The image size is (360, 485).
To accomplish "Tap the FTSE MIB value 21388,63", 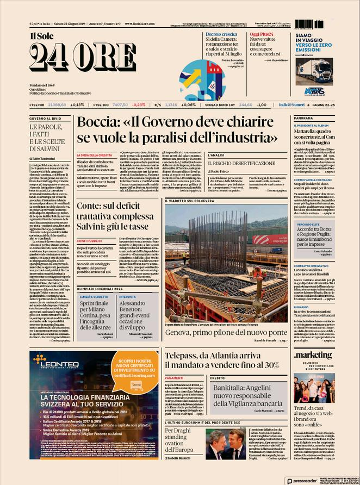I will coord(57,104).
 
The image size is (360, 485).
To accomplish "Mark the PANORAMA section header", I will coord(304,118).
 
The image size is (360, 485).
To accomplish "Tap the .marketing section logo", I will coord(313,355).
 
